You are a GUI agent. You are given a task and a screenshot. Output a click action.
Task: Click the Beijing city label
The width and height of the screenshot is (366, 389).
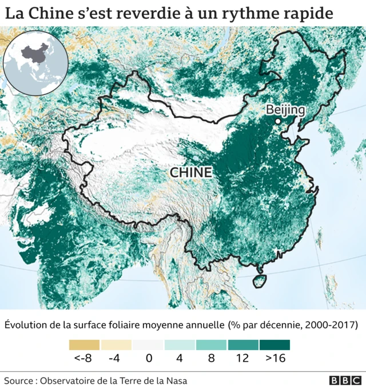pyautogui.click(x=286, y=110)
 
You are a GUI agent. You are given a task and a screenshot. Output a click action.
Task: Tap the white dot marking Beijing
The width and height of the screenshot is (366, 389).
pyautogui.click(x=278, y=121)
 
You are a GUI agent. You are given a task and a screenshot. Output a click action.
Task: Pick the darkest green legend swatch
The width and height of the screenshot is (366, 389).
pyautogui.click(x=274, y=345)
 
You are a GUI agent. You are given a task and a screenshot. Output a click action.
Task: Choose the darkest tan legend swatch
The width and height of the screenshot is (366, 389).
pyautogui.click(x=84, y=345)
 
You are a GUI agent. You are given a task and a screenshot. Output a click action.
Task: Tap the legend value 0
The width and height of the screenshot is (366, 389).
pyautogui.click(x=148, y=359)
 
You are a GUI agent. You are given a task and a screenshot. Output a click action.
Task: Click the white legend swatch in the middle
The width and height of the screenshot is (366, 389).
pyautogui.click(x=148, y=345)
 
